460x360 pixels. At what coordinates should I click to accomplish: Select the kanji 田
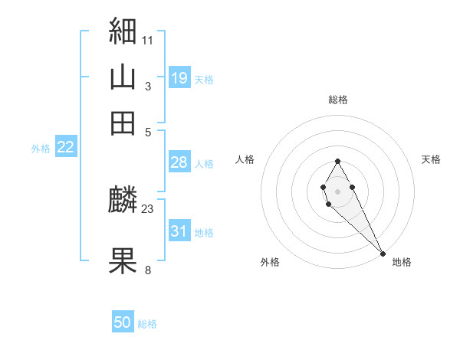pos(123,123)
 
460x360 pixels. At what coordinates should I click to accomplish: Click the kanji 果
pos(123,260)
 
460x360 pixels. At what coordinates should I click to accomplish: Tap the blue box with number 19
pos(179,77)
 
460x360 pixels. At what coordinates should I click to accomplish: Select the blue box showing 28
pos(179,162)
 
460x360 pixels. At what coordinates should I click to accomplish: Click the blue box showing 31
pos(179,231)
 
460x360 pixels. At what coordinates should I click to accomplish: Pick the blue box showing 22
pos(65,147)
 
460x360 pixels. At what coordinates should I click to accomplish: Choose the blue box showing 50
pos(123,322)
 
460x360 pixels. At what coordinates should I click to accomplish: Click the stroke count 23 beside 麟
pos(148,208)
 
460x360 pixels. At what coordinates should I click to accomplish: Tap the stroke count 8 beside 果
pos(148,269)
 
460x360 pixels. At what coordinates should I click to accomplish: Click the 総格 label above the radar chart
pos(337,100)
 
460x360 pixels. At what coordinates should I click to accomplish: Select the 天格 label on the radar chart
pos(431,159)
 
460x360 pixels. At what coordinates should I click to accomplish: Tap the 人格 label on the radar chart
pos(245,159)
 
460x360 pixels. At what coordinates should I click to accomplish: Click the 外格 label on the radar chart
pos(270,262)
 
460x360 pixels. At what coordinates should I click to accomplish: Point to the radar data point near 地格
pos(383,254)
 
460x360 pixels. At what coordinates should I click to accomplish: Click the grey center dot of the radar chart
pos(337,190)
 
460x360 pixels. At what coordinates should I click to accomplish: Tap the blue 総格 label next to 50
pos(147,324)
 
